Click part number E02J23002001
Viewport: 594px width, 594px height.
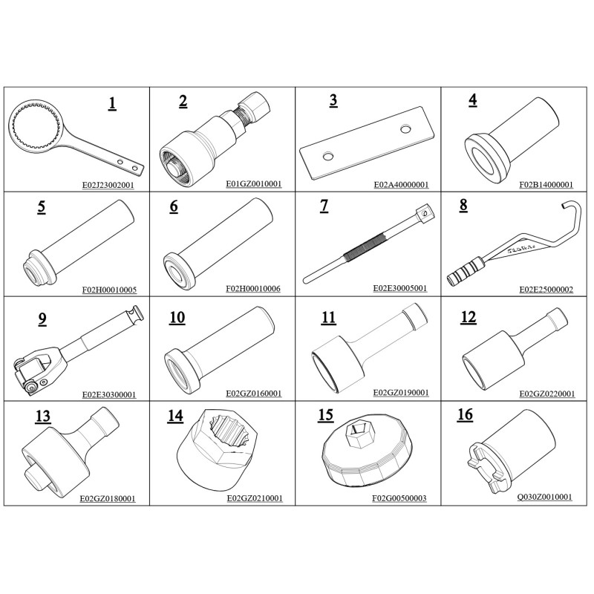pos(108,185)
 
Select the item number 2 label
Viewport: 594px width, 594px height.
pos(183,102)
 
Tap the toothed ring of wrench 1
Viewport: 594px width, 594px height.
pos(35,127)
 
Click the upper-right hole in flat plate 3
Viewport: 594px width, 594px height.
pos(405,129)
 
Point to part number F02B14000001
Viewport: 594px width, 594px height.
pos(546,184)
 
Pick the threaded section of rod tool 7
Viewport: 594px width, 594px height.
pos(366,247)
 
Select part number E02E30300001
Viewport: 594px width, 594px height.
pos(109,395)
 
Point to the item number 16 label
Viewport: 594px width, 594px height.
pos(466,415)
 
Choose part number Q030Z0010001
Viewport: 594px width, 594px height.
pos(545,497)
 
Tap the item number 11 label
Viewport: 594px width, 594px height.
pos(328,318)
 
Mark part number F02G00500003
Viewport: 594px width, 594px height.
pos(399,498)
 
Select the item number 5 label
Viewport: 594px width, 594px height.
pos(42,207)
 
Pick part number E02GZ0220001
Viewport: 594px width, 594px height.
pos(547,394)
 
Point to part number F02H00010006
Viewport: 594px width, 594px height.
pos(253,289)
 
